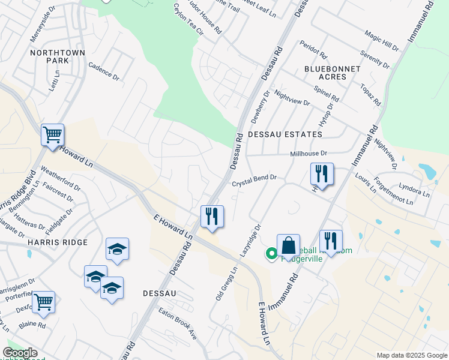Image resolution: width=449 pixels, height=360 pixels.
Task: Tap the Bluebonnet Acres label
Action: point(332,73)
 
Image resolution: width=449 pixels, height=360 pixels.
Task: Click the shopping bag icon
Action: point(288,245)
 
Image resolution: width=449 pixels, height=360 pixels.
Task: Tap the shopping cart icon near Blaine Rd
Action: point(43,302)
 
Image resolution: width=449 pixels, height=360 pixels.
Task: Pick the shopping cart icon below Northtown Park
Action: point(52,135)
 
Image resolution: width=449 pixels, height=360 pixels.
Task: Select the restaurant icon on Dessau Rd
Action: point(212,217)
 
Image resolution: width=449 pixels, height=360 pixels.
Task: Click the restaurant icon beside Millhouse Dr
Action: point(322,175)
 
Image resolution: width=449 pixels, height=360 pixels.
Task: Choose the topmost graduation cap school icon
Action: point(117,249)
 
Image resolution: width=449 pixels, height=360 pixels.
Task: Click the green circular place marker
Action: point(272,254)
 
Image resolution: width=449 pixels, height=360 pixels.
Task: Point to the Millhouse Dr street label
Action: point(309,154)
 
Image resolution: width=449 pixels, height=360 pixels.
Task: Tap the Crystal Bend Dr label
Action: point(255,180)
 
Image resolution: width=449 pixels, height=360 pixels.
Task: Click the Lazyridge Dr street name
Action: point(251,241)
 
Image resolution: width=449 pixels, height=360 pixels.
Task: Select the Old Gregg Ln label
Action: point(227,284)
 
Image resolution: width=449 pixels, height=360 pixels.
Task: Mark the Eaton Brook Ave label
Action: point(178,324)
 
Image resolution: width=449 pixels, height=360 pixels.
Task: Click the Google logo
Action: point(20,352)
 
